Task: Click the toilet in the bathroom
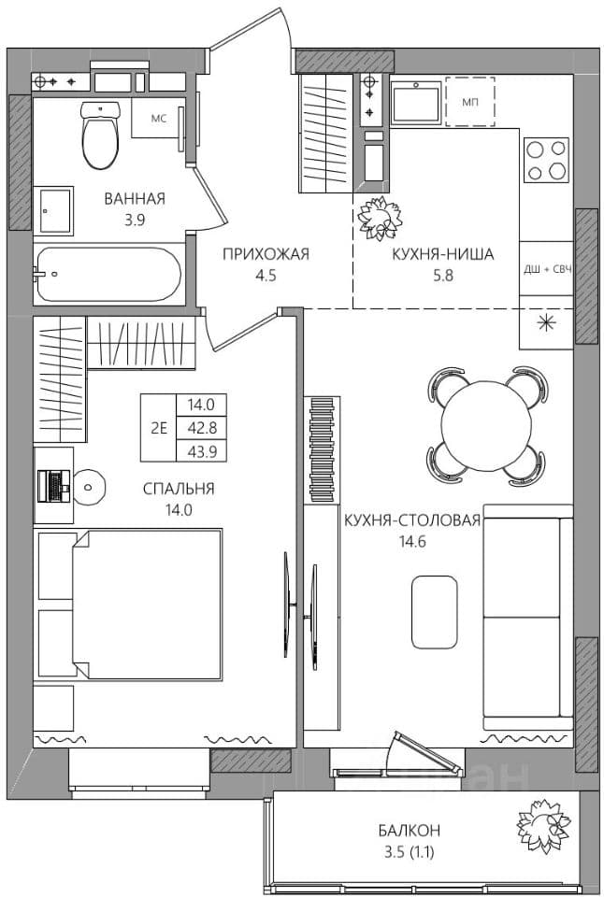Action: pyautogui.click(x=100, y=135)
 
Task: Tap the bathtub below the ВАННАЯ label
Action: pyautogui.click(x=108, y=275)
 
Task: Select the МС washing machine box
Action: pyautogui.click(x=159, y=118)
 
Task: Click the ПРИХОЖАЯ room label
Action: pyautogui.click(x=266, y=254)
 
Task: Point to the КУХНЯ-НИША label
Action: pyautogui.click(x=442, y=254)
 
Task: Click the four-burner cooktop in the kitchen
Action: pyautogui.click(x=546, y=160)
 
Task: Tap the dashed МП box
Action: pyautogui.click(x=470, y=101)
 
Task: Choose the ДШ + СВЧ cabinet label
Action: pyautogui.click(x=548, y=269)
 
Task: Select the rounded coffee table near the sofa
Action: pyautogui.click(x=435, y=612)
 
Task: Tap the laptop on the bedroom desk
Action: pyautogui.click(x=53, y=486)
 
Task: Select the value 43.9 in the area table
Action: pyautogui.click(x=202, y=452)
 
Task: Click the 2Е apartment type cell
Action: pyautogui.click(x=159, y=428)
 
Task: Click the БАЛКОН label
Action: pyautogui.click(x=410, y=830)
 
